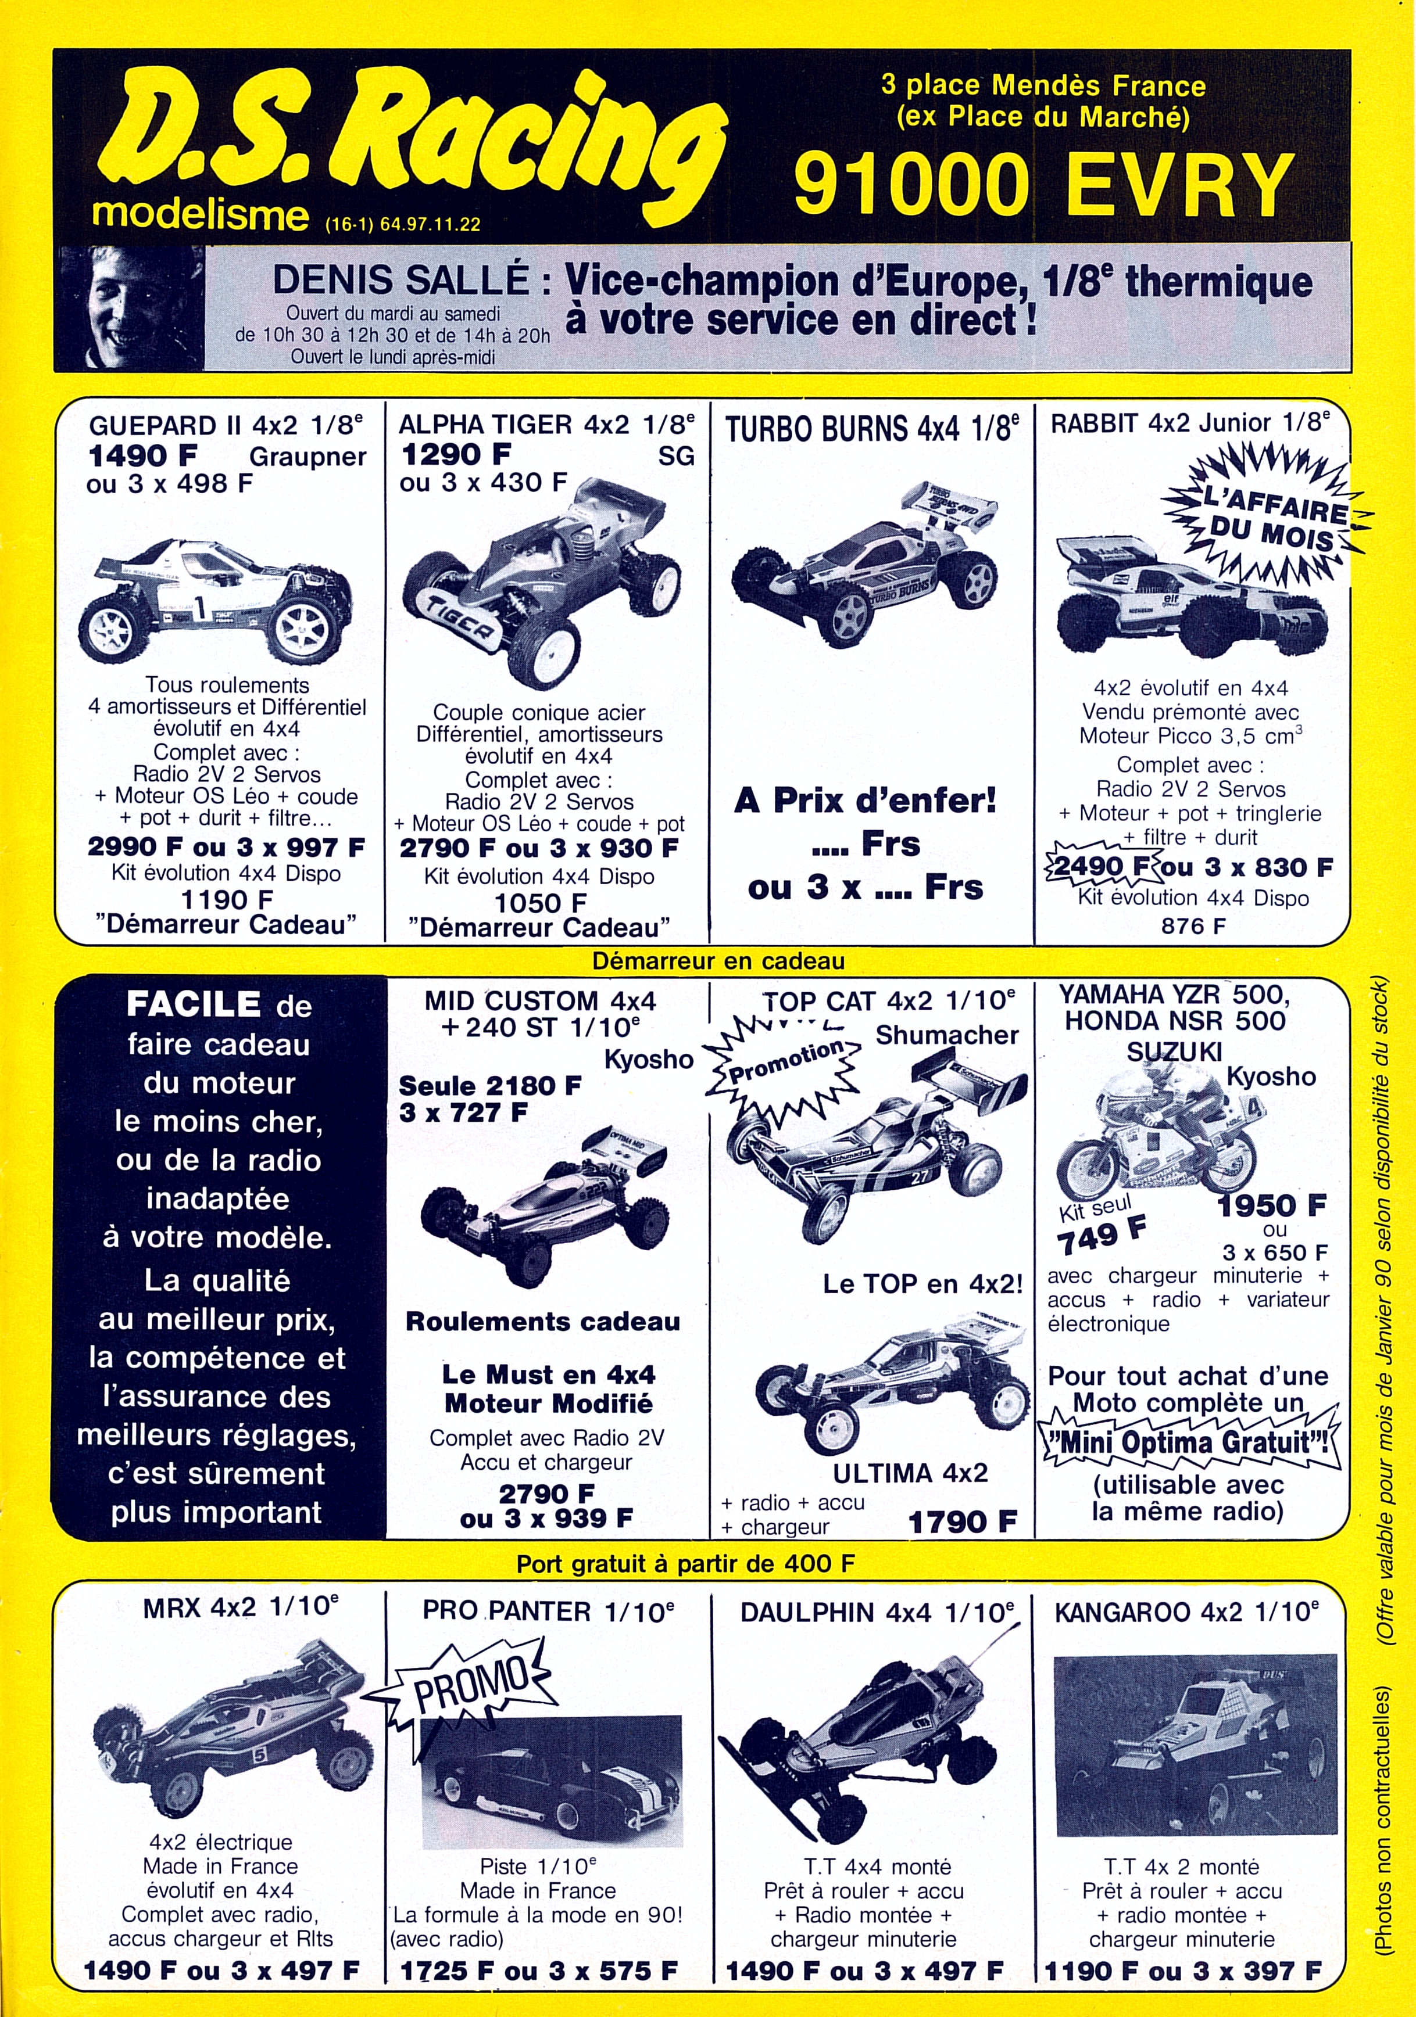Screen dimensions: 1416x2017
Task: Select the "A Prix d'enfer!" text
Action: pyautogui.click(x=866, y=801)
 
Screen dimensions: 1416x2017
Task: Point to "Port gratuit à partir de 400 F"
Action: pyautogui.click(x=685, y=1564)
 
